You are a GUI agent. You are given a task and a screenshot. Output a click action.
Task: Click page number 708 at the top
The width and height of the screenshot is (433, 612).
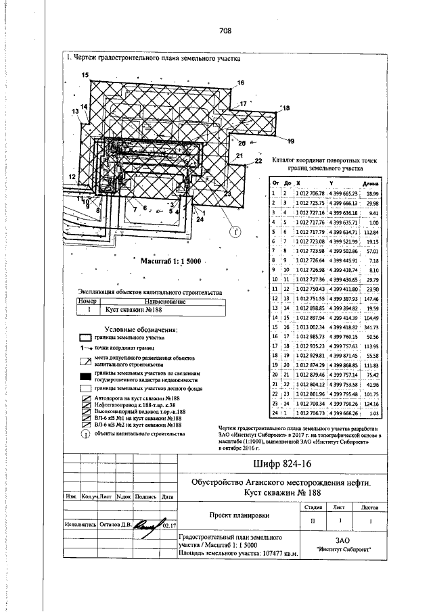coord(226,30)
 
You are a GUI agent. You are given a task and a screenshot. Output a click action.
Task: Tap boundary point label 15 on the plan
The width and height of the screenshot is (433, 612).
coord(85,75)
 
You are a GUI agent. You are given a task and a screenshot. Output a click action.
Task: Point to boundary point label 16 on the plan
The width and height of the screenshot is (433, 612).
coord(240,83)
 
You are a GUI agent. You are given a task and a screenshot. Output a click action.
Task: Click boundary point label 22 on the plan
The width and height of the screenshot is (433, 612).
coord(258,162)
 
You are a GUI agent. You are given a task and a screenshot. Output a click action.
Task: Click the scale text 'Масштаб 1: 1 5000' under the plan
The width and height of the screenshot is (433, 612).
coord(170,259)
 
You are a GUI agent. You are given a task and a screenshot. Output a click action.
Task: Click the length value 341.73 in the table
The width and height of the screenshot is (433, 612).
coord(371,326)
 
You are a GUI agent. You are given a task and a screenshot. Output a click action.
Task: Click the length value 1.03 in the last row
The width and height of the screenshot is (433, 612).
coord(372,411)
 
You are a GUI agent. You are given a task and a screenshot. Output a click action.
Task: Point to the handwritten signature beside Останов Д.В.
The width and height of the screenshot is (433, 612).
coord(152,524)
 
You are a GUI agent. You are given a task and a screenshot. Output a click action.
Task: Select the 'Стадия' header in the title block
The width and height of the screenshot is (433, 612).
coord(313,506)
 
